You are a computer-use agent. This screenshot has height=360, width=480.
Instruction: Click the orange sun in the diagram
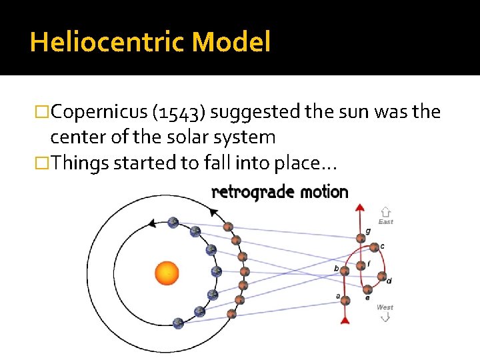(x=167, y=273)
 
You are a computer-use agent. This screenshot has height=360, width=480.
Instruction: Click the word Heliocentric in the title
(x=107, y=43)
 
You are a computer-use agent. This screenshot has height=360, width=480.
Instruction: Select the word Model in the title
(x=231, y=43)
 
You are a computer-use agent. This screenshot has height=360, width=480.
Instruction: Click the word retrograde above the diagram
(x=252, y=193)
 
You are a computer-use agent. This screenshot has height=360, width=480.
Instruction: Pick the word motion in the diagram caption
(x=323, y=192)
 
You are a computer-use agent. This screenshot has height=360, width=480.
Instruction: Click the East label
(x=385, y=222)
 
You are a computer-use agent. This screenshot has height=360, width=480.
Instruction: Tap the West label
(x=385, y=307)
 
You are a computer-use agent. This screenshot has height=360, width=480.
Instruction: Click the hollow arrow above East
(x=385, y=211)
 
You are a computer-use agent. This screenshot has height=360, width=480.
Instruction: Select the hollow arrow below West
(x=385, y=317)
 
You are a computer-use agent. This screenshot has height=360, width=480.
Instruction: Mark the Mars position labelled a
(x=345, y=300)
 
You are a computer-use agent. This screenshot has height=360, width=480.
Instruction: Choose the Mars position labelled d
(x=381, y=275)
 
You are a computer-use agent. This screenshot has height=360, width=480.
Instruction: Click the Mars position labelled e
(x=367, y=289)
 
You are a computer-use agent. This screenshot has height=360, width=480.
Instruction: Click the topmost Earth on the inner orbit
(x=173, y=223)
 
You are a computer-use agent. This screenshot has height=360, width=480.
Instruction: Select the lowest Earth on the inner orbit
(x=178, y=323)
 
